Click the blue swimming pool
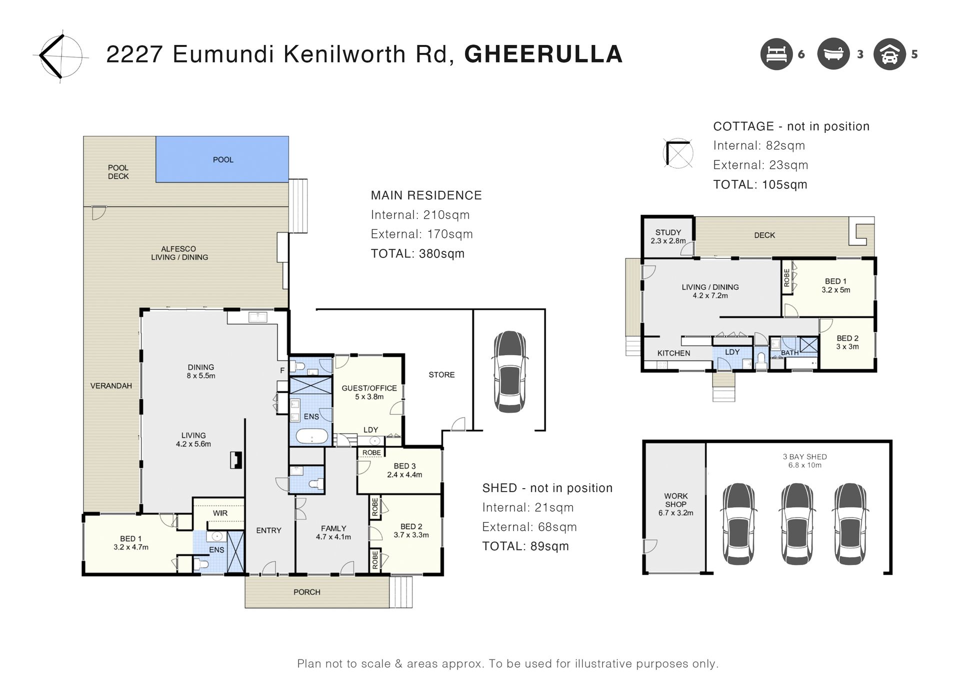click(222, 159)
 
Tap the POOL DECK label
click(118, 172)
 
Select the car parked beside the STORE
click(509, 371)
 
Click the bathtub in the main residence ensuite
click(312, 436)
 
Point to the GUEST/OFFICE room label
click(369, 388)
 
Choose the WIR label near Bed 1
click(220, 513)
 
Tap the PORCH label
click(307, 592)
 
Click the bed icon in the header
click(776, 54)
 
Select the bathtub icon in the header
click(833, 54)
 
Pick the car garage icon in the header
click(889, 54)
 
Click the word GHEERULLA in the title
click(543, 54)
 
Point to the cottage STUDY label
click(668, 232)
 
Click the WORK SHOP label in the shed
click(676, 500)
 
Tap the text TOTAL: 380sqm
click(417, 254)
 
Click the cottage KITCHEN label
click(673, 353)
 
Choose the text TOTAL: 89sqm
click(525, 547)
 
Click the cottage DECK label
click(764, 235)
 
